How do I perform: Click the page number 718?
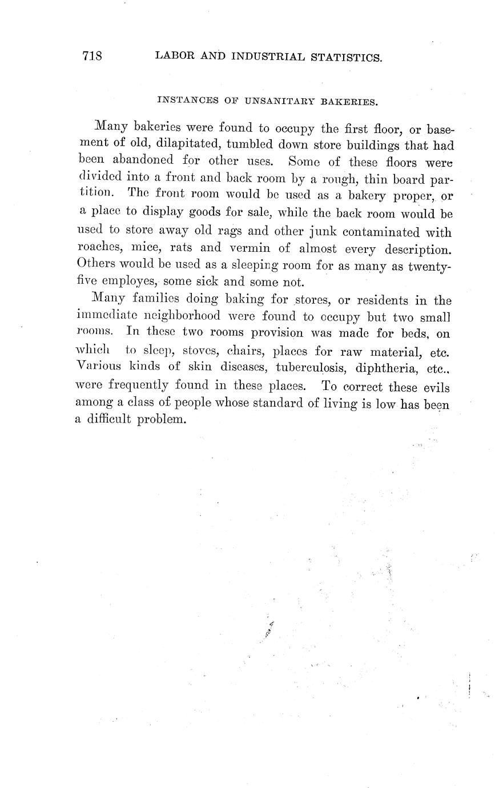click(92, 56)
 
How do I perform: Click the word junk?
click(326, 232)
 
